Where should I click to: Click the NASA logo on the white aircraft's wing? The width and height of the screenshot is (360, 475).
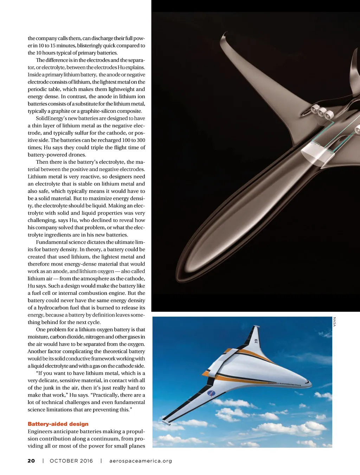(x=211, y=393)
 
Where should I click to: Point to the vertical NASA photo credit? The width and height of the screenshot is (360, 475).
(x=334, y=322)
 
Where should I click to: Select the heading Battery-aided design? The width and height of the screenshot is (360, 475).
(x=58, y=424)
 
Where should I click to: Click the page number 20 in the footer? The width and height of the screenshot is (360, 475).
(x=31, y=461)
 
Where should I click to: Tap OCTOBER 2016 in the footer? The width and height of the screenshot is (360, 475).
(x=71, y=461)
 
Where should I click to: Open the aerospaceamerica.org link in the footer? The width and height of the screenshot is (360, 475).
(x=141, y=461)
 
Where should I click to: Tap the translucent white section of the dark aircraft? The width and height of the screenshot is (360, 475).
(x=315, y=154)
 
